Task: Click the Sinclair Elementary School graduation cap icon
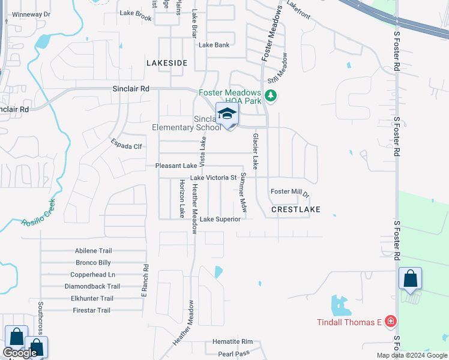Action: click(227, 114)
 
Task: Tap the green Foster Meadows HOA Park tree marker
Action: click(271, 95)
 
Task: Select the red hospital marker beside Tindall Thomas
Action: click(391, 322)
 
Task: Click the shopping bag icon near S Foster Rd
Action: click(411, 279)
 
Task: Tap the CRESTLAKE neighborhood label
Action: click(295, 209)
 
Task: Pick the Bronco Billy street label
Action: click(93, 263)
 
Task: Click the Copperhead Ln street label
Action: click(92, 274)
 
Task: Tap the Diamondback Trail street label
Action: click(92, 286)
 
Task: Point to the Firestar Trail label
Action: click(91, 310)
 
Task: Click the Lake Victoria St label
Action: click(213, 178)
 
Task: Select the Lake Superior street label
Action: click(220, 219)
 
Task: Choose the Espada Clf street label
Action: click(125, 144)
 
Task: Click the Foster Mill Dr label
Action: click(289, 193)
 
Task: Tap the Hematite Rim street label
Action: click(232, 342)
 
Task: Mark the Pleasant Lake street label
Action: click(176, 166)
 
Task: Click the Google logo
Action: click(20, 353)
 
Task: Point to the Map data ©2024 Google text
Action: click(411, 355)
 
